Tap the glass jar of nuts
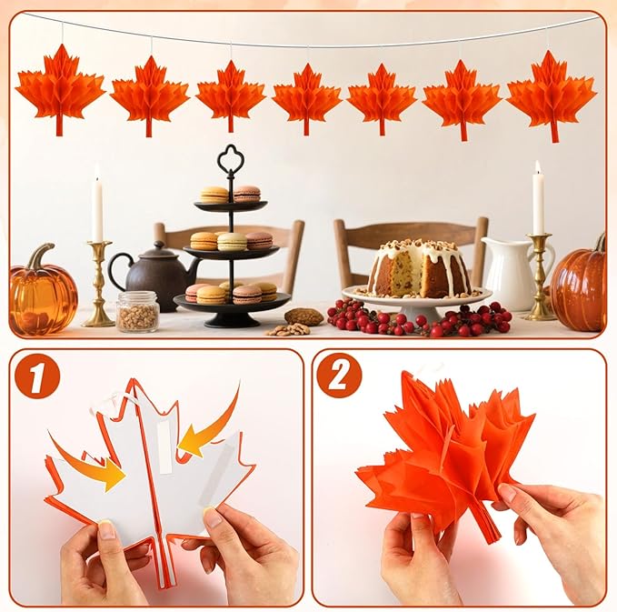(138, 311)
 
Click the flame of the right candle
(538, 167)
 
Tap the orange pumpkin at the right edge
(579, 284)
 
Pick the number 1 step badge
(37, 376)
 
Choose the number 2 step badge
(339, 376)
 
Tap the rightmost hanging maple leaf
(552, 95)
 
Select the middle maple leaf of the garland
(307, 98)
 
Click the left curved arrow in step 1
(88, 465)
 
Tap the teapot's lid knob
(159, 246)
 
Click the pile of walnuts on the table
(289, 329)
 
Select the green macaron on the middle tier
(232, 241)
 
